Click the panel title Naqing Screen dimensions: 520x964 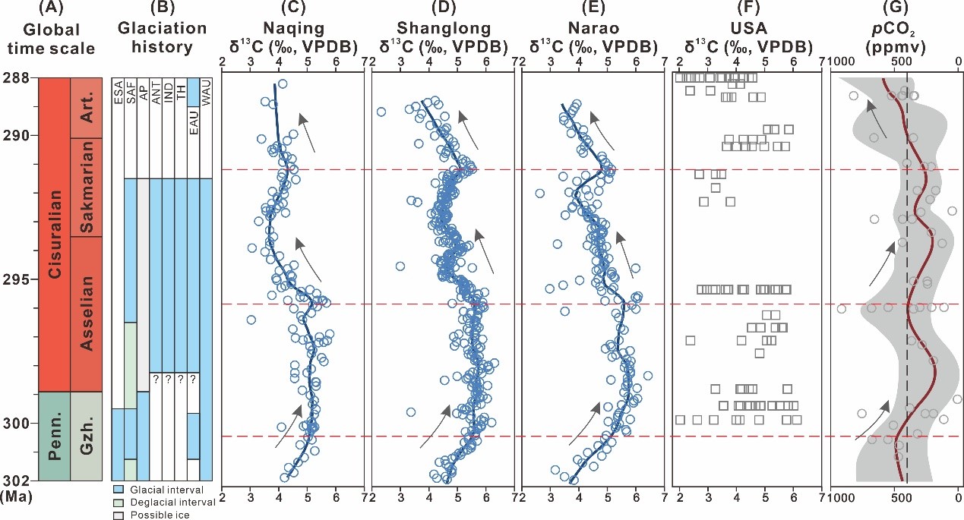[x=292, y=29]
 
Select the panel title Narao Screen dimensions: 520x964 [x=593, y=29]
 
